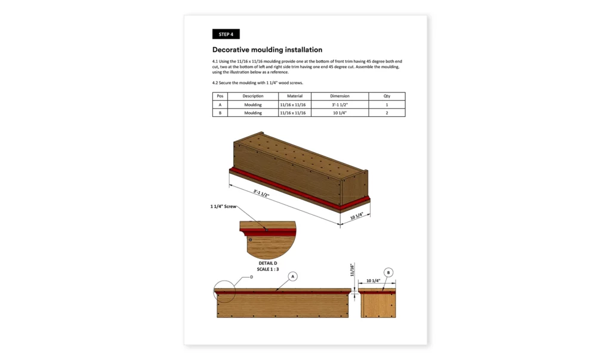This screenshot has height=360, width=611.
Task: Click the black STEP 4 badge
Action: tap(226, 34)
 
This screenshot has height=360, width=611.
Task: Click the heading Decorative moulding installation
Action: tap(267, 50)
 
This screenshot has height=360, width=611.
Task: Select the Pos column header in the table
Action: tap(220, 96)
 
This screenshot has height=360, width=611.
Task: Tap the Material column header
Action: tap(295, 96)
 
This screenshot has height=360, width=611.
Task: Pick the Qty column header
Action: tap(387, 96)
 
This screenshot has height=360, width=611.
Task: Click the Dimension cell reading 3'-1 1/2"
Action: tap(340, 104)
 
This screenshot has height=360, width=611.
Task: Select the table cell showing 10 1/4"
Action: tap(340, 113)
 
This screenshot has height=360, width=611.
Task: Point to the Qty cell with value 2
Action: tap(387, 113)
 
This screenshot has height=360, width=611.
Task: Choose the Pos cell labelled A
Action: tap(220, 104)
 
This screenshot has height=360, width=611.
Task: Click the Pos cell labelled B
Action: tap(220, 113)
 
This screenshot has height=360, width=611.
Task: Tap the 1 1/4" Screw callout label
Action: tap(224, 207)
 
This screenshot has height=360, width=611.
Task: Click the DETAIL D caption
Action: tap(267, 263)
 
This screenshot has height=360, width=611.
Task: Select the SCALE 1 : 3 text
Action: tap(267, 270)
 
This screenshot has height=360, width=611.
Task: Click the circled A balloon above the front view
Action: tap(293, 276)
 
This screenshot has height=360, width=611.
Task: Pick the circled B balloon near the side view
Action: tap(388, 273)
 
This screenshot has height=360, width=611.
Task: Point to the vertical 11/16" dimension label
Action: tap(353, 272)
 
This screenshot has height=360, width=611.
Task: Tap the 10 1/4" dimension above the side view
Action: tap(374, 281)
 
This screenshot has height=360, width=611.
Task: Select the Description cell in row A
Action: tap(253, 104)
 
